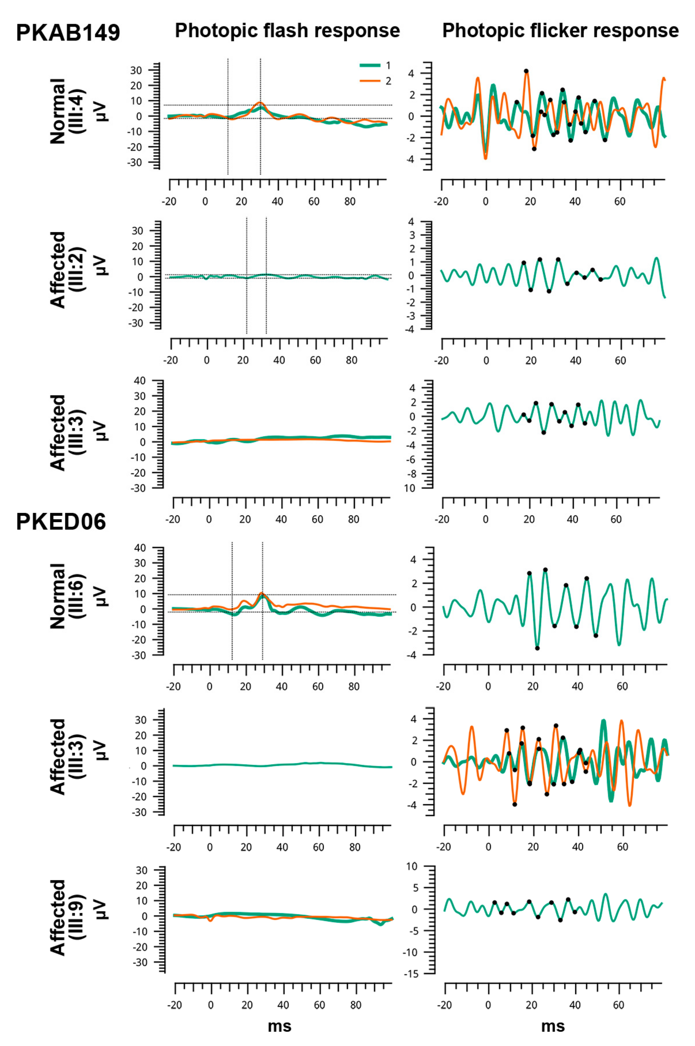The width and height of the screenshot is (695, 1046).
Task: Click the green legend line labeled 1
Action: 370,66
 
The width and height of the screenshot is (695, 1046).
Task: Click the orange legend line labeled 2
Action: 370,81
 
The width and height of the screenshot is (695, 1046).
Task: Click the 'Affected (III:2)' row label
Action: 66,270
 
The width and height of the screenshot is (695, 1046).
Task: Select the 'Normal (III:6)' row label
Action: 66,596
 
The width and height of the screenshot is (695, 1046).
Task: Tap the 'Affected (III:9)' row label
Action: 66,918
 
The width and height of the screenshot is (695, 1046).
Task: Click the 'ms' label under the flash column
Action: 280,1026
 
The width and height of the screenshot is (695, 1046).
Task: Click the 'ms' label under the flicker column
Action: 553,1026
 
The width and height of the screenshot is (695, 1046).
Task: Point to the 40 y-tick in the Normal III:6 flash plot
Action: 140,548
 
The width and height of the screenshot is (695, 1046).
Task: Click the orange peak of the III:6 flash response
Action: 261,593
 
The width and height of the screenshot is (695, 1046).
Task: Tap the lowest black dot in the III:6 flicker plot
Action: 537,648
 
